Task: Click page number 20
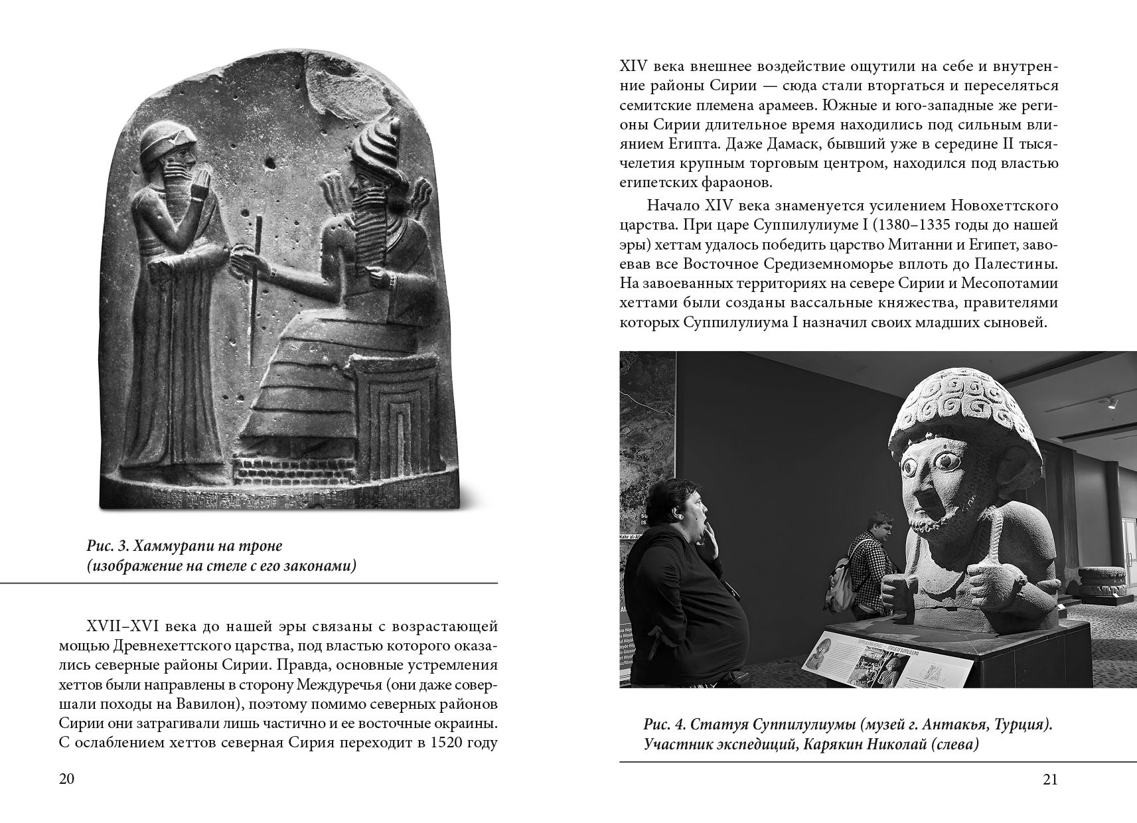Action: click(66, 780)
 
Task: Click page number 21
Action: click(1049, 780)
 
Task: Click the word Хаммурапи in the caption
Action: click(167, 546)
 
